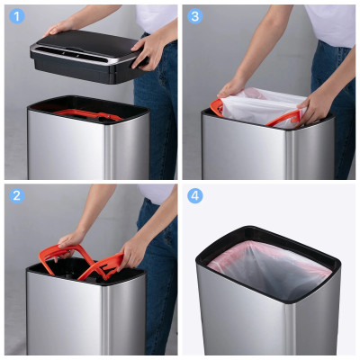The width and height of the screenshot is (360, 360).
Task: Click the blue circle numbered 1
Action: (17, 16)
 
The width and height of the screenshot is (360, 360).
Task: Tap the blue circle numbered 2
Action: (17, 196)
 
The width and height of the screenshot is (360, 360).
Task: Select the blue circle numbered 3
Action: (195, 16)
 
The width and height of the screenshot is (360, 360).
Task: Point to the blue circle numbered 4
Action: (195, 196)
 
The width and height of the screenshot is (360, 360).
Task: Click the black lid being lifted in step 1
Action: (87, 56)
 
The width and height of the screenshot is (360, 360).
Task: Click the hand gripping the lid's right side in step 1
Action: (145, 53)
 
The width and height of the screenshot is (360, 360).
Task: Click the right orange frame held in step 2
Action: (102, 266)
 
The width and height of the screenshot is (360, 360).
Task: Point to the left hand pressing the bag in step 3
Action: (231, 87)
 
